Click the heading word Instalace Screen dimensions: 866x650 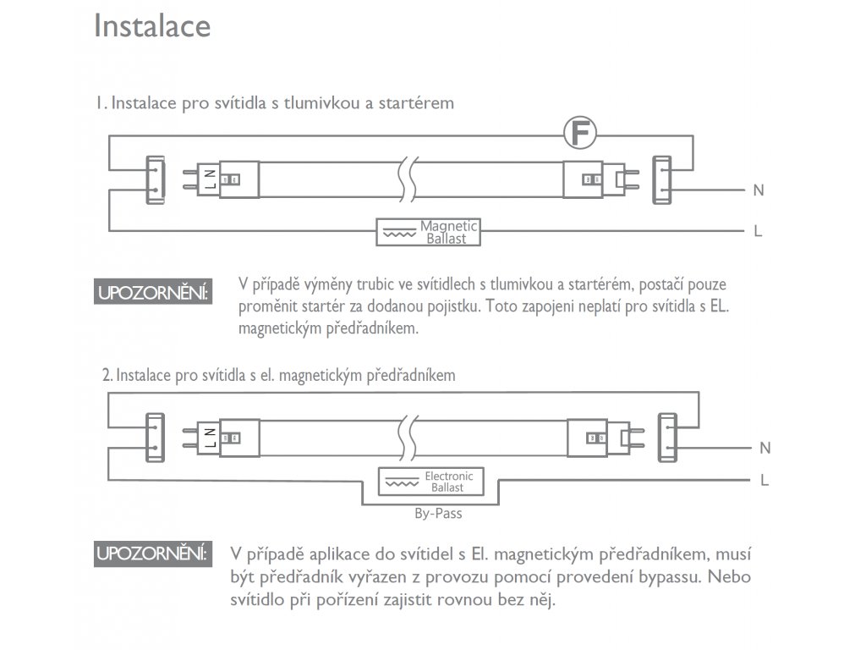click(x=152, y=26)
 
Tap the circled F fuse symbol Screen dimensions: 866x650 click(x=580, y=133)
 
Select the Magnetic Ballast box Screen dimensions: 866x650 click(x=428, y=232)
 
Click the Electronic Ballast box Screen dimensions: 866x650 click(x=430, y=482)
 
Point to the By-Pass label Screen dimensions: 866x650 click(x=438, y=514)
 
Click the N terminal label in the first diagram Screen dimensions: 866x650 click(x=759, y=190)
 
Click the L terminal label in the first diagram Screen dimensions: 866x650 click(x=758, y=231)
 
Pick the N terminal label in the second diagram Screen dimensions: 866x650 click(x=765, y=448)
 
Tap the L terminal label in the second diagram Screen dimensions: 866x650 click(x=765, y=481)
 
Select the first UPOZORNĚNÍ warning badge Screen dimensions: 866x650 click(x=153, y=292)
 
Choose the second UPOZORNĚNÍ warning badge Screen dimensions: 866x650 click(x=153, y=554)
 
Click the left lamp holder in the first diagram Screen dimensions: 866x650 click(x=156, y=179)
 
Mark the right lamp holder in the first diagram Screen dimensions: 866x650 click(x=661, y=179)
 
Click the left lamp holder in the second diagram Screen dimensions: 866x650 click(x=156, y=438)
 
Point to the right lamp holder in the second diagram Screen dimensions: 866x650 click(x=667, y=438)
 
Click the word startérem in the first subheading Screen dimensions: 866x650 click(x=416, y=102)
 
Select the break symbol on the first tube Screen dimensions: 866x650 click(x=408, y=179)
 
